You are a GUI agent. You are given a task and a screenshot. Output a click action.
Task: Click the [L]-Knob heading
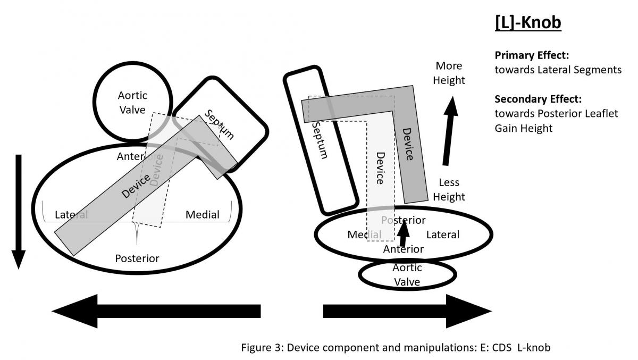[x=528, y=23]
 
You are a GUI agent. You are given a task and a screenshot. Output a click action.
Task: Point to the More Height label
[x=449, y=73]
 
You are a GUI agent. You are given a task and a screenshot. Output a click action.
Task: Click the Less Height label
[x=449, y=190]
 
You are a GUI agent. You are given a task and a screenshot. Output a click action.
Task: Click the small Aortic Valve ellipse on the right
[x=407, y=274]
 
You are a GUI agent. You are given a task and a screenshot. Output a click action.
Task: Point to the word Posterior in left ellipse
[x=137, y=258]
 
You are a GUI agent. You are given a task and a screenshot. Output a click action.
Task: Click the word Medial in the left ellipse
[x=202, y=215]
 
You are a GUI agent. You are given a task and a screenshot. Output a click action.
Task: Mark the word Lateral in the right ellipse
[x=442, y=235]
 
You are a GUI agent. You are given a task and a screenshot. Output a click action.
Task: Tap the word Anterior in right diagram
[x=403, y=249]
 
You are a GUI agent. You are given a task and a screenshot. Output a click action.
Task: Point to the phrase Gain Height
[x=523, y=128]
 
